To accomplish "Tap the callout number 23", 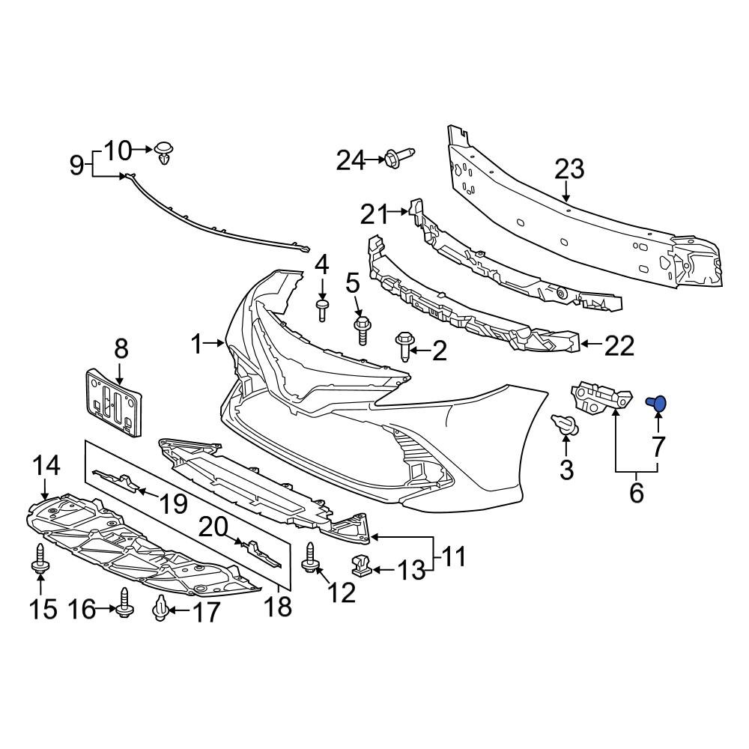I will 568,169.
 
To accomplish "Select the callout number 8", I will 121,349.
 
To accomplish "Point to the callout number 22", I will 619,345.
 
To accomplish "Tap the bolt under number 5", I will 362,330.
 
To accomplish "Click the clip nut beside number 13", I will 362,567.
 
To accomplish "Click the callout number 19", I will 173,503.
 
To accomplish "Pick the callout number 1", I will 196,345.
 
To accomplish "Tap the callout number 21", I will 375,214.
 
